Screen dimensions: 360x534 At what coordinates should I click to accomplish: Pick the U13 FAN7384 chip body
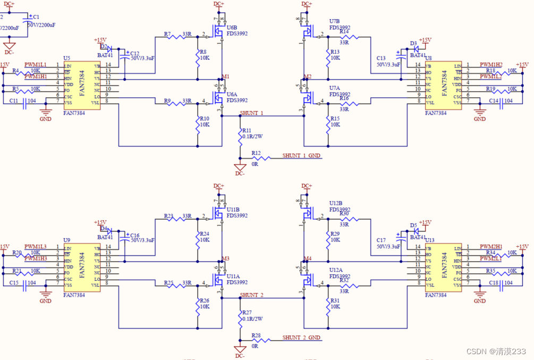point(443,266)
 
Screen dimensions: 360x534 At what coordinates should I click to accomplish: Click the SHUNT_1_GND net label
point(301,156)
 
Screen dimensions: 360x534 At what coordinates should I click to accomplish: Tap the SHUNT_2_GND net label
point(301,338)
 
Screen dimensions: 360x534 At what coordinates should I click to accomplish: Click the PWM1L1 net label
point(36,64)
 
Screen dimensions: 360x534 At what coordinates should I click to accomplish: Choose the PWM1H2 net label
point(491,64)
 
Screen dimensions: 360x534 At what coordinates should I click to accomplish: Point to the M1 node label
point(226,76)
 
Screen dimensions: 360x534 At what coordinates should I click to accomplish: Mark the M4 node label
point(307,258)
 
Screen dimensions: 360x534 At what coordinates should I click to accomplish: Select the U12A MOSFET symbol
point(306,281)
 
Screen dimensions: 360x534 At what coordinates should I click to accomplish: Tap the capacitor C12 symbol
point(125,55)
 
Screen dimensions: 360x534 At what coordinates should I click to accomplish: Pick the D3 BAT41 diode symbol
point(417,49)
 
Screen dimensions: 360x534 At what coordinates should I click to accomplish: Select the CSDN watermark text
point(496,351)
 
